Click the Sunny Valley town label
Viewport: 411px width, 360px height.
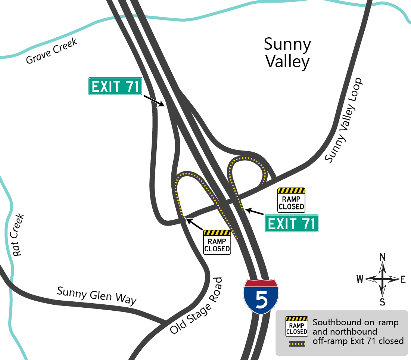[x=287, y=53]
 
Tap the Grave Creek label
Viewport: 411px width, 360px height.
[x=52, y=51]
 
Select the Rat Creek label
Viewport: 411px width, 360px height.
[x=18, y=235]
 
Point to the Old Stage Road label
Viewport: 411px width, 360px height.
[x=196, y=305]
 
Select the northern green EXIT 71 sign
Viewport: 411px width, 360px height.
[x=115, y=87]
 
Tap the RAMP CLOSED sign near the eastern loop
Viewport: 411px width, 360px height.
[x=291, y=200]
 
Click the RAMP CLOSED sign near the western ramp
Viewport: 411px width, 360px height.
[x=217, y=242]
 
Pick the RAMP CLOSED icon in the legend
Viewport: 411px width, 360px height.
[x=296, y=326]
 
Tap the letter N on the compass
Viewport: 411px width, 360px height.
[x=382, y=257]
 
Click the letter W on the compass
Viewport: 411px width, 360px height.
[x=360, y=279]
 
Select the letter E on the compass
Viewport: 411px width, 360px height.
[x=403, y=279]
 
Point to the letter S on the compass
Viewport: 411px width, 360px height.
[x=382, y=302]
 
